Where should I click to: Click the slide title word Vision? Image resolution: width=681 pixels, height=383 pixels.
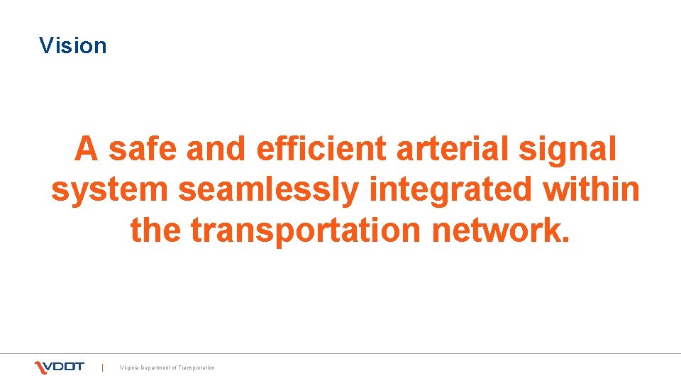tap(73, 46)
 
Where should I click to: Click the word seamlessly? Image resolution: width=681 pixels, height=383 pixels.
tap(269, 191)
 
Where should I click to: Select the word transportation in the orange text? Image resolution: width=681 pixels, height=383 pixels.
tap(326, 231)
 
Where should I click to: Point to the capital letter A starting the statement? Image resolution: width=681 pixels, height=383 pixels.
tap(87, 150)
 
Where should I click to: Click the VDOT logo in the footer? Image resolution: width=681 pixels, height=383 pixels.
tap(60, 367)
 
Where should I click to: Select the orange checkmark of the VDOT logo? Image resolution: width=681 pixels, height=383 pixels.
tap(40, 367)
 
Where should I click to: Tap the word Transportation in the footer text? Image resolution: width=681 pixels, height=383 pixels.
tap(197, 367)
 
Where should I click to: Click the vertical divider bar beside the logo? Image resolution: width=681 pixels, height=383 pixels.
tap(103, 367)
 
